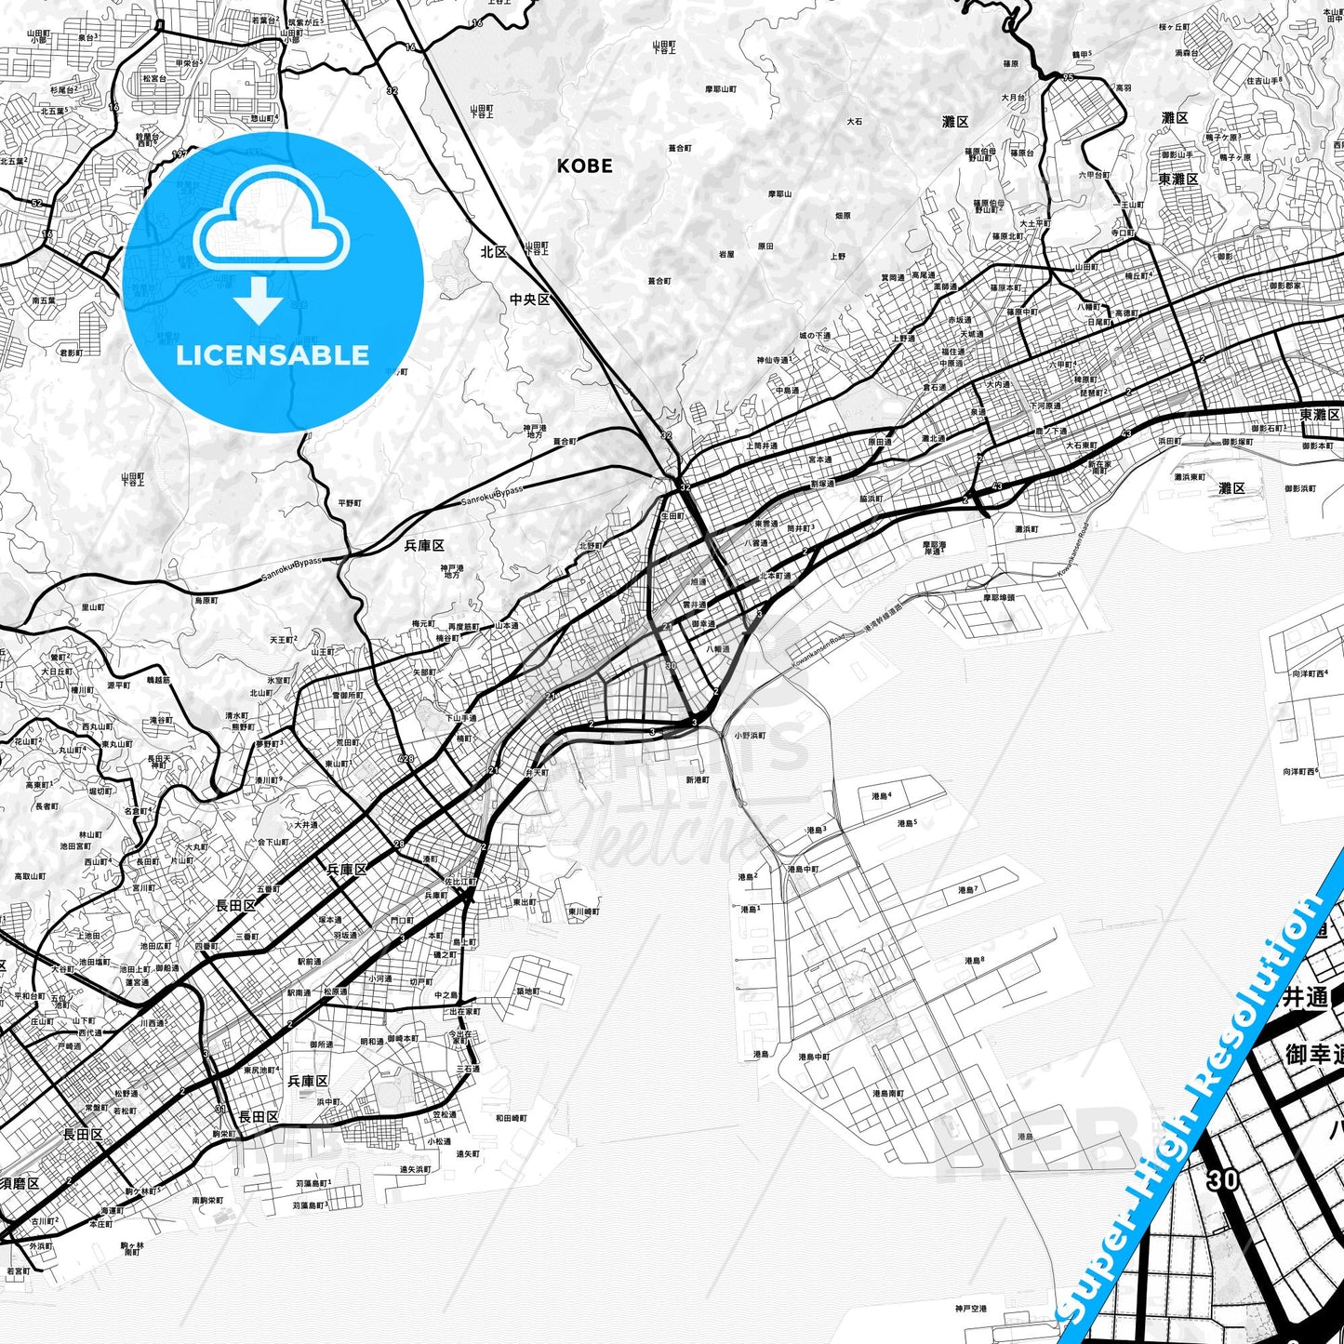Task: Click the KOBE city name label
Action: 584,166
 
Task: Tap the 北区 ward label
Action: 494,251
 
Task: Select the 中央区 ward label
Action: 529,299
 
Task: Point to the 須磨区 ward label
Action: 20,1183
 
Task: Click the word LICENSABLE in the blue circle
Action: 273,354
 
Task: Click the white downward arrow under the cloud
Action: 259,300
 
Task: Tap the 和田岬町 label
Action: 511,1118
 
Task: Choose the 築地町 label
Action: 526,991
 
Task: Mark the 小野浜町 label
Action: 750,735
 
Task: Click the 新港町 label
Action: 698,779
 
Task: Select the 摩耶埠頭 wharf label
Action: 1000,597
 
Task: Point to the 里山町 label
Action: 93,607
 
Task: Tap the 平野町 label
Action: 350,503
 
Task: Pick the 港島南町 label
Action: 888,1093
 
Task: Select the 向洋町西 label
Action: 1300,771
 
